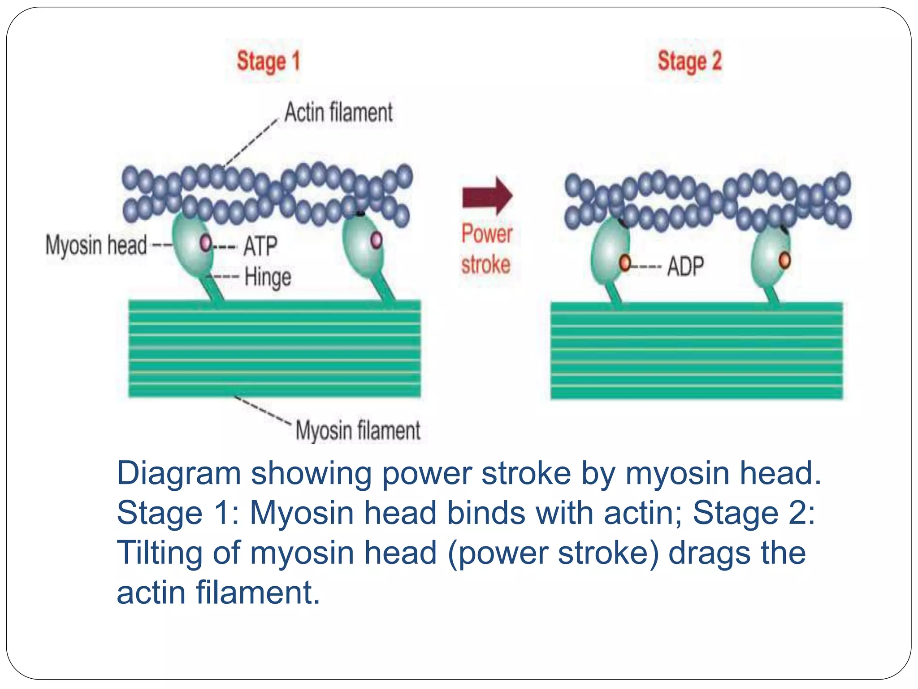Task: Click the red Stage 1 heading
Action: click(268, 61)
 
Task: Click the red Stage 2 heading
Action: click(689, 61)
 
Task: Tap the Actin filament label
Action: click(339, 112)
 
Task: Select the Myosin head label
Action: click(96, 245)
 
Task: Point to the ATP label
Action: click(260, 246)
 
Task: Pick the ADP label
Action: click(685, 266)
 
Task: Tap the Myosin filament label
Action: click(358, 430)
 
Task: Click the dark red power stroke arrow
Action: click(488, 196)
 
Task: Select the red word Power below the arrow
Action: click(487, 234)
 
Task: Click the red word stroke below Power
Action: click(486, 264)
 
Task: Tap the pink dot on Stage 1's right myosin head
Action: click(377, 240)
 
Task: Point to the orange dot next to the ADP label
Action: click(625, 263)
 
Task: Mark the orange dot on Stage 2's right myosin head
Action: click(784, 260)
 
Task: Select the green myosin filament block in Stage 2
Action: click(697, 350)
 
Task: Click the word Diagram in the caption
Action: click(179, 473)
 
